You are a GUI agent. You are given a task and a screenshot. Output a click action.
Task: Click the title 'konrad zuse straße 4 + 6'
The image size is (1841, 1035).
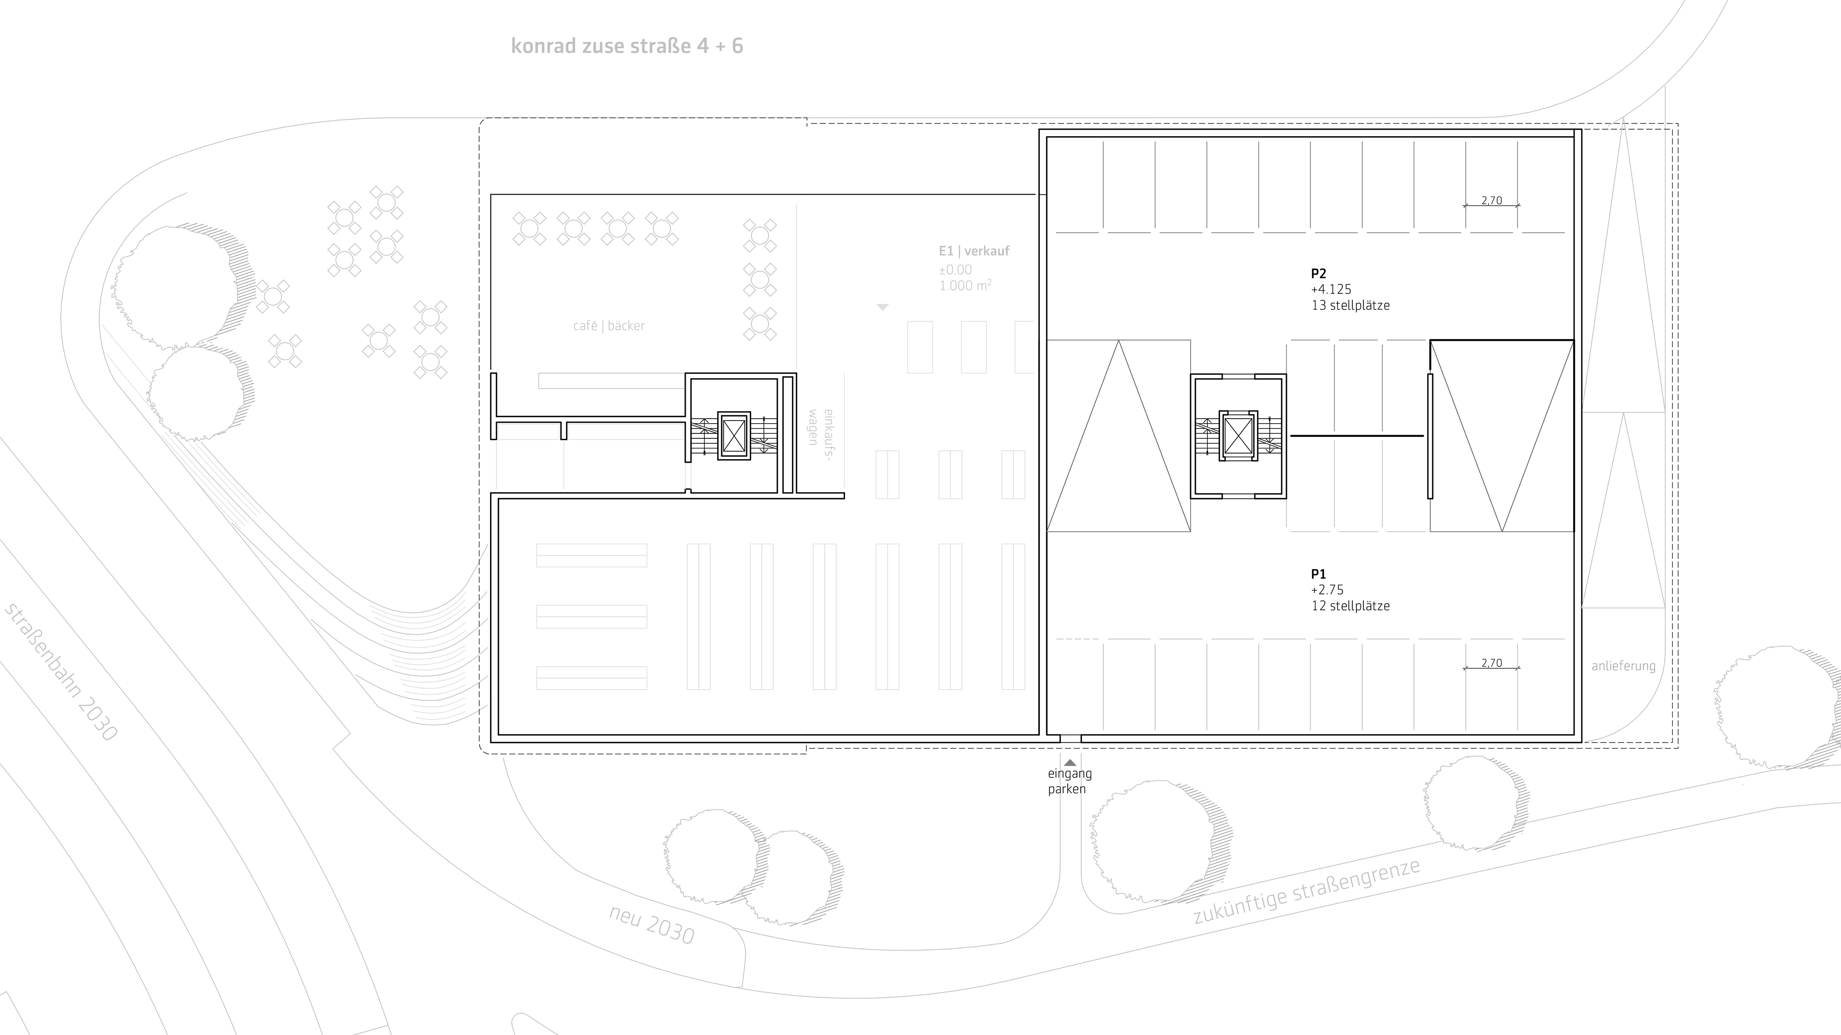click(627, 46)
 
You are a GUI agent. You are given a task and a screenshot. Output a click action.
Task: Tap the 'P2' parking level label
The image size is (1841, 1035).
click(1319, 274)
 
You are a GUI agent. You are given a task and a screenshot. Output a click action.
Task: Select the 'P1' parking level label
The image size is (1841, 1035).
click(1319, 574)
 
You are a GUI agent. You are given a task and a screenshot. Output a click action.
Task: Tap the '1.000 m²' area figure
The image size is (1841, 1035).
click(965, 286)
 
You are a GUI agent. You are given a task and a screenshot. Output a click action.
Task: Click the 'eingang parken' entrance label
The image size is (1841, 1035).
click(1069, 782)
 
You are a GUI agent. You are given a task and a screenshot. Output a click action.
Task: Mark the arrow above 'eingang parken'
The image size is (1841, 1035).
click(1070, 763)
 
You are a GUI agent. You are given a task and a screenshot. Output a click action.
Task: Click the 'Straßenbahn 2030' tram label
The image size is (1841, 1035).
click(61, 672)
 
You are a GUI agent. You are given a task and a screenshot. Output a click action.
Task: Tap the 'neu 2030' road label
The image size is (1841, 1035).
click(652, 924)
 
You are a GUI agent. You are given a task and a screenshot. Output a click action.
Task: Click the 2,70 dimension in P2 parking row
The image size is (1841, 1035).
click(1492, 201)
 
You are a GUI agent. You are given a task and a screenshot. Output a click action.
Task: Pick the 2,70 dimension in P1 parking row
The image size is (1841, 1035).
click(1492, 664)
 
